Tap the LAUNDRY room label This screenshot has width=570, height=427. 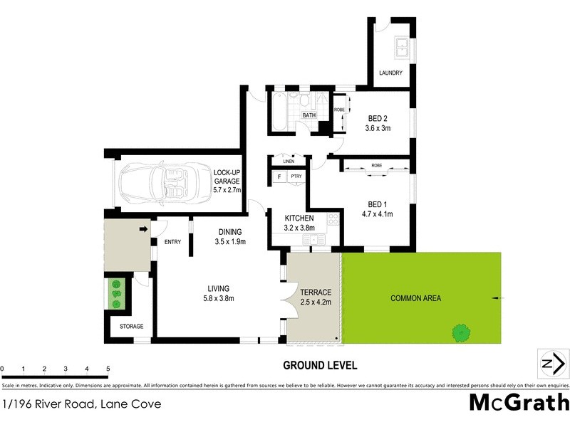tap(390, 73)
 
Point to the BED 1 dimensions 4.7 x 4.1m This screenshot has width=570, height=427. tap(378, 213)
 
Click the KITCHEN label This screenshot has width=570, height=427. tap(300, 218)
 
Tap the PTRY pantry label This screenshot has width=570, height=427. tap(296, 176)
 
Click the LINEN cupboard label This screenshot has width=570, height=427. tap(287, 161)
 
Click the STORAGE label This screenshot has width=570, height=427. tap(131, 327)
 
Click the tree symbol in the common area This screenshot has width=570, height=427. tap(462, 331)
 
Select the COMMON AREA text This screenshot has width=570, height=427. tap(415, 298)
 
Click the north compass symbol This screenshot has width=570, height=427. tap(551, 364)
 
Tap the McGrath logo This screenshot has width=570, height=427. tap(519, 403)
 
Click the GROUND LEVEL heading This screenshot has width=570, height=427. tap(320, 366)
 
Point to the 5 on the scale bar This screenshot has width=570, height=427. tap(108, 369)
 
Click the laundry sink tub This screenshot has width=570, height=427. tap(402, 46)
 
